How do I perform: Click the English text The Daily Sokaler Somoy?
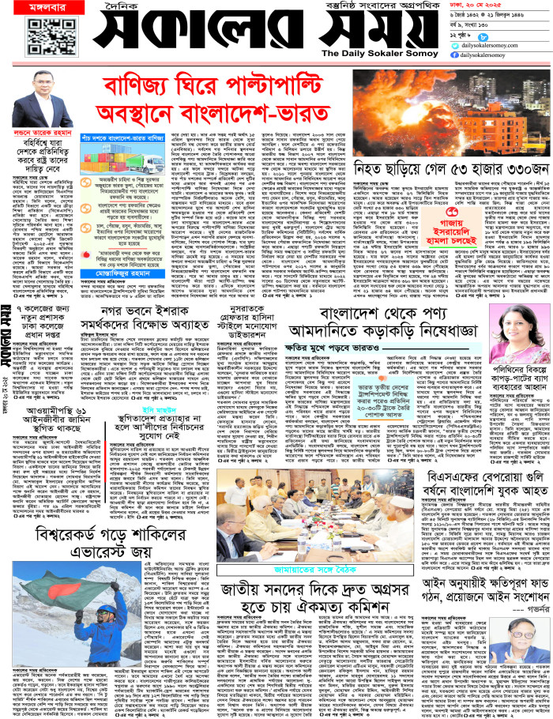click(x=363, y=53)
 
